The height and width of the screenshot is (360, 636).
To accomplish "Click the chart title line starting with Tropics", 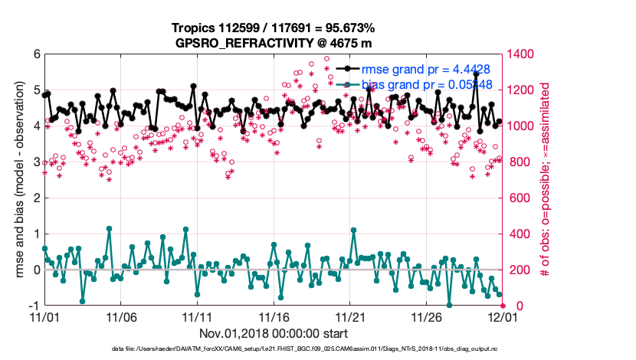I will click(273, 29).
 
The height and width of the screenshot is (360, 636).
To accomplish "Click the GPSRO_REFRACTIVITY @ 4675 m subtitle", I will click(273, 43).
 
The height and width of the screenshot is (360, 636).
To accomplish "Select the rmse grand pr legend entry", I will click(425, 70).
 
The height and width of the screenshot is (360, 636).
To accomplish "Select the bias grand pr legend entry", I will click(425, 84).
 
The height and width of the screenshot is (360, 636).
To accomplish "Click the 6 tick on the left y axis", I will click(36, 55).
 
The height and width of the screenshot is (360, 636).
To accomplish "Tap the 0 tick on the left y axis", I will click(36, 270).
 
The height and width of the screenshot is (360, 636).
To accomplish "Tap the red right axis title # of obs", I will click(546, 180).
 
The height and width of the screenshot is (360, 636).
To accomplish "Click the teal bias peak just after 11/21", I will click(353, 230).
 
